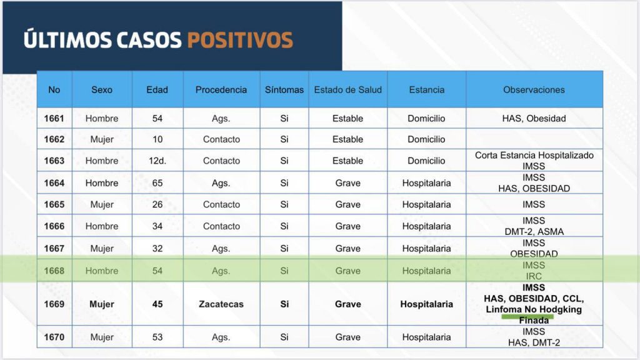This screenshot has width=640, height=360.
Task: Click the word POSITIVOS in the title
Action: click(x=239, y=39)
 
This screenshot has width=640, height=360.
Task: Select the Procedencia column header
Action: click(x=221, y=89)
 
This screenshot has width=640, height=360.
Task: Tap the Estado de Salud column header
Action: click(x=347, y=89)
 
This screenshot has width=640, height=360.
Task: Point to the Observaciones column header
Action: click(x=534, y=89)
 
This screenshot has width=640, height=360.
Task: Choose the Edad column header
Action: click(x=157, y=89)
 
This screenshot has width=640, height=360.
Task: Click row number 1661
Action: click(x=54, y=118)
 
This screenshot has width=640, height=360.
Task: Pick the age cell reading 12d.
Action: click(x=157, y=161)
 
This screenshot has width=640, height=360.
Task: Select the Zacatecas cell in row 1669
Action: click(x=221, y=304)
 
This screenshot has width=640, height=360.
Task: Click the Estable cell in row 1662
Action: click(x=347, y=139)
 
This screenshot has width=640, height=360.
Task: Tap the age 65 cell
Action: click(x=157, y=183)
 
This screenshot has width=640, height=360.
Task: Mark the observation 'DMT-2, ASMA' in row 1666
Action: click(x=534, y=232)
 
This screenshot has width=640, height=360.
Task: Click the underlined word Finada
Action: click(x=534, y=321)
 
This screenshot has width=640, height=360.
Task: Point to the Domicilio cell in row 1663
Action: click(x=426, y=161)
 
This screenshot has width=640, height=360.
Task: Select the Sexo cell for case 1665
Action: click(x=101, y=204)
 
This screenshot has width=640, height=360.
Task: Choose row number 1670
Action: click(x=54, y=337)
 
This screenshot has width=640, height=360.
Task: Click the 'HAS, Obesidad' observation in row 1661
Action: click(x=534, y=118)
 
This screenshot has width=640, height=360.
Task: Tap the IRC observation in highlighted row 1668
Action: click(x=534, y=276)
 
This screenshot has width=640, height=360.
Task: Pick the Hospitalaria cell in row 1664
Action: click(x=426, y=183)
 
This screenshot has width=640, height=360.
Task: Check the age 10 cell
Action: click(x=157, y=139)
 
